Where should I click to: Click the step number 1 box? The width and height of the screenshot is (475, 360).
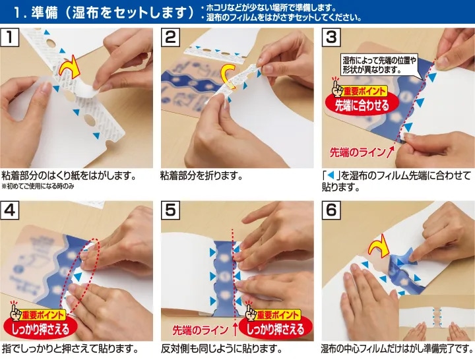(x=10, y=37)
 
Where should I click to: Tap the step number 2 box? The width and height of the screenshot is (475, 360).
(x=171, y=37)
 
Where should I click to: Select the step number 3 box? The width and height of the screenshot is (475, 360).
(x=331, y=37)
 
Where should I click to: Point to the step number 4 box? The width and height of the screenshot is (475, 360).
(x=10, y=210)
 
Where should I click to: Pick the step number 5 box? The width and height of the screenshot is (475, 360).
(x=171, y=210)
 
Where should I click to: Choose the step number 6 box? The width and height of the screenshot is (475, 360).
(x=331, y=210)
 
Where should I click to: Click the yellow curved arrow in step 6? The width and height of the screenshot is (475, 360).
(x=379, y=246)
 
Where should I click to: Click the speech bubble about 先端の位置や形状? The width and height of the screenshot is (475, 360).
(x=379, y=65)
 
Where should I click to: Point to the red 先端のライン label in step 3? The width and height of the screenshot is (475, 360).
(x=358, y=152)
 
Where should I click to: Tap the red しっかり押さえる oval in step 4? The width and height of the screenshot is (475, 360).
(x=41, y=329)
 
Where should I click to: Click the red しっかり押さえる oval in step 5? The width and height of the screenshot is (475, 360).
(x=276, y=329)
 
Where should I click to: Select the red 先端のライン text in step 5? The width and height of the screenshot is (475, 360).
(x=201, y=330)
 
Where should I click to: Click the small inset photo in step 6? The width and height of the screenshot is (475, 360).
(x=437, y=318)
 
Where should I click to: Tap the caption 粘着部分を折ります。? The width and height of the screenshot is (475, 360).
(x=201, y=175)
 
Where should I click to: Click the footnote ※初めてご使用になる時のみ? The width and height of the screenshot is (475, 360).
(x=38, y=186)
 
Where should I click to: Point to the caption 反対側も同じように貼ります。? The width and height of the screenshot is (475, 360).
(x=222, y=349)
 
